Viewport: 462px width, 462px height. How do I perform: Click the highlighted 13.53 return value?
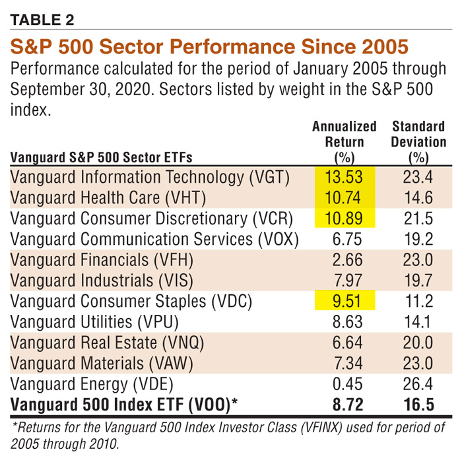click(344, 177)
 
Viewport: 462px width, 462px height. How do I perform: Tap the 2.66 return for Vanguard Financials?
click(344, 260)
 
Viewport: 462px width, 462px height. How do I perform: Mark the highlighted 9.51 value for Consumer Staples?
click(344, 302)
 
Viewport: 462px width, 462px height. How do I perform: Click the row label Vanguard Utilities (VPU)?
click(95, 323)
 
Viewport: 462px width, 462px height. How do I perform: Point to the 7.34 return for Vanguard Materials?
click(344, 364)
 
